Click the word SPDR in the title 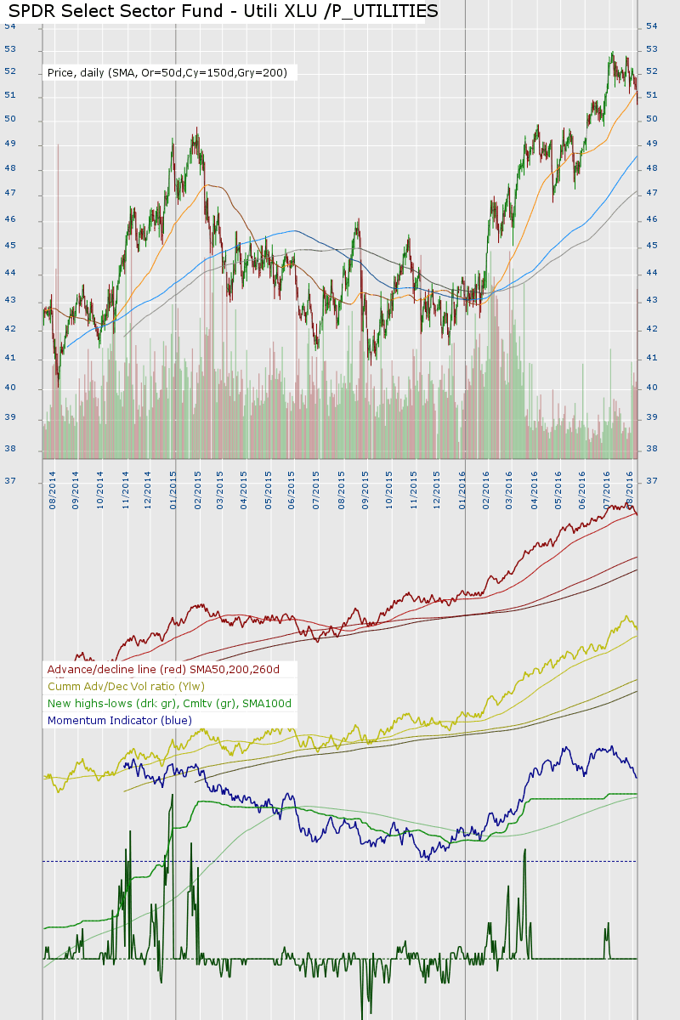pos(32,11)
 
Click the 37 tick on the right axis pos(652,481)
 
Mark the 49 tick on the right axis pos(652,144)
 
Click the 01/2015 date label pos(174,490)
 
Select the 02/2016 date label pos(486,490)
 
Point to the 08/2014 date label pos(53,490)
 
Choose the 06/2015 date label pos(292,490)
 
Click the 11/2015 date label pos(412,490)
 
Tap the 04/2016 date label pos(535,490)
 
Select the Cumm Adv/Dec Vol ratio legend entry pos(126,687)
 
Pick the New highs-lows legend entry pos(169,704)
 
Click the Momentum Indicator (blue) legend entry pos(120,721)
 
